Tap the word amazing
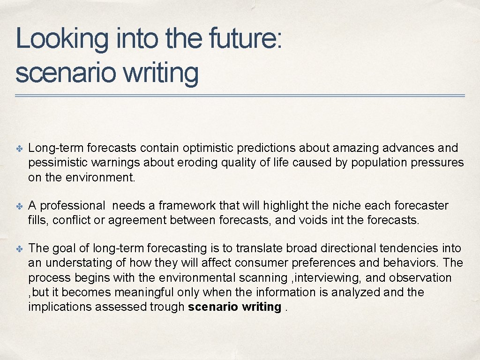coord(356,148)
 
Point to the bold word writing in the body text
coord(261,307)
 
